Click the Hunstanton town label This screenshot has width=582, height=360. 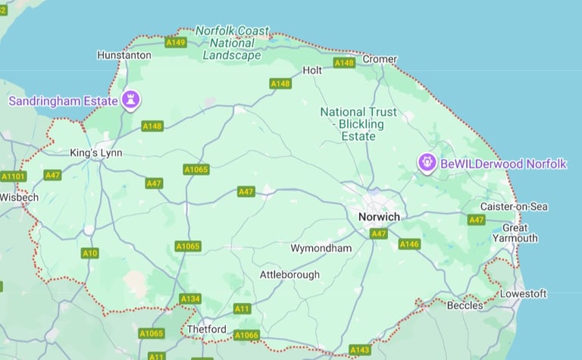click(x=124, y=55)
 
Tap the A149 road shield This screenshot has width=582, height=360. click(x=176, y=42)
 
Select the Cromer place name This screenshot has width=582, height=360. click(x=380, y=59)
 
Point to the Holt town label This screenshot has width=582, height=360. click(x=312, y=70)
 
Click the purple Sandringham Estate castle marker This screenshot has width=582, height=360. click(x=132, y=100)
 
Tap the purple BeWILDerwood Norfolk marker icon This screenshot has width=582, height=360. click(x=427, y=163)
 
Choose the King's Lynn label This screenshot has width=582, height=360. click(x=96, y=153)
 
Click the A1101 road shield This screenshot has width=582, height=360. click(x=13, y=177)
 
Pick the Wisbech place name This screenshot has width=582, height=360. click(x=18, y=197)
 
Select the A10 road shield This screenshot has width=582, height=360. click(x=90, y=252)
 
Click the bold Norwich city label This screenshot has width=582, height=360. click(x=379, y=217)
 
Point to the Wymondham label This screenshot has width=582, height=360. click(x=321, y=249)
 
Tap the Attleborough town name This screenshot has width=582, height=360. click(x=289, y=274)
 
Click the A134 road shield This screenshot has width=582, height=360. click(x=190, y=299)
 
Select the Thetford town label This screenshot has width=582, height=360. click(x=206, y=330)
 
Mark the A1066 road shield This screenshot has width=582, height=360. click(x=246, y=335)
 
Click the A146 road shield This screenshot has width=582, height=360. click(x=409, y=244)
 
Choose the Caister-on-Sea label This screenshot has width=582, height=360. click(x=515, y=206)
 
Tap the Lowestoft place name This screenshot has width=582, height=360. click(x=523, y=293)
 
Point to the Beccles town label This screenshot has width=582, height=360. click(x=465, y=305)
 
